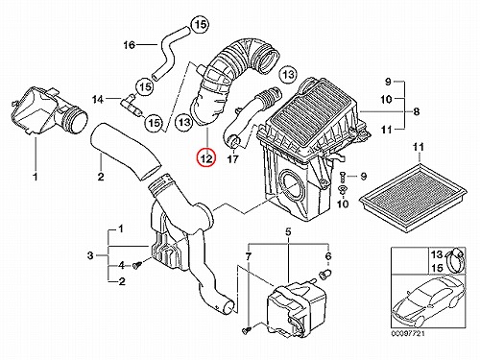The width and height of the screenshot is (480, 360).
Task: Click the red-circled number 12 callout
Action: click(206, 158)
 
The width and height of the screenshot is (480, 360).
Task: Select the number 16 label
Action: click(130, 45)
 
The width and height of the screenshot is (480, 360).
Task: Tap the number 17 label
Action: click(233, 158)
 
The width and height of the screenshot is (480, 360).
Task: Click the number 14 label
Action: click(98, 100)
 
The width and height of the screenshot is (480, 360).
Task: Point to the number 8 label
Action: click(416, 111)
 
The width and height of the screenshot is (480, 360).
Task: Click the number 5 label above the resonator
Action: click(288, 231)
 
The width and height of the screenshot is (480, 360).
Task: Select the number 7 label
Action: click(249, 256)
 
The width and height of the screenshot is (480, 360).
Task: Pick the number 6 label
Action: click(328, 256)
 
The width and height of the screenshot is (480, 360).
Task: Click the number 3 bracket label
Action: click(90, 255)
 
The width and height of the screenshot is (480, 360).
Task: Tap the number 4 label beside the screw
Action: click(121, 265)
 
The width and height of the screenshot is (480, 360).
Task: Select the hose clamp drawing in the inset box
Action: click(455, 260)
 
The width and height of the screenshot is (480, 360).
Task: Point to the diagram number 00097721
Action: click(408, 333)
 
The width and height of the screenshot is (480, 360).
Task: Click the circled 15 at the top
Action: click(201, 25)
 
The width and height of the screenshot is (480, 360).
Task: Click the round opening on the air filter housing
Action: click(292, 186)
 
